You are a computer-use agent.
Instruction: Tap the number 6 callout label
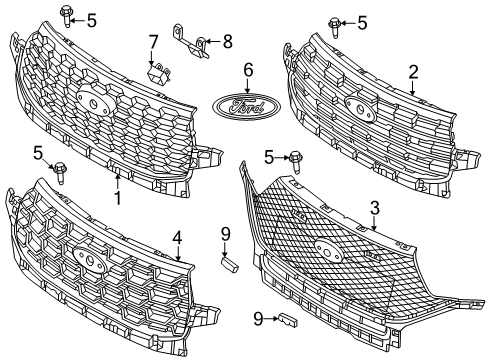pos(246,70)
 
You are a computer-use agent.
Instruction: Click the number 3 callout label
pos(374,208)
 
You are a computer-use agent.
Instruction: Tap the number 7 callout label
pos(153,41)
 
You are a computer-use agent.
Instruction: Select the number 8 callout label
pos(226,41)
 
